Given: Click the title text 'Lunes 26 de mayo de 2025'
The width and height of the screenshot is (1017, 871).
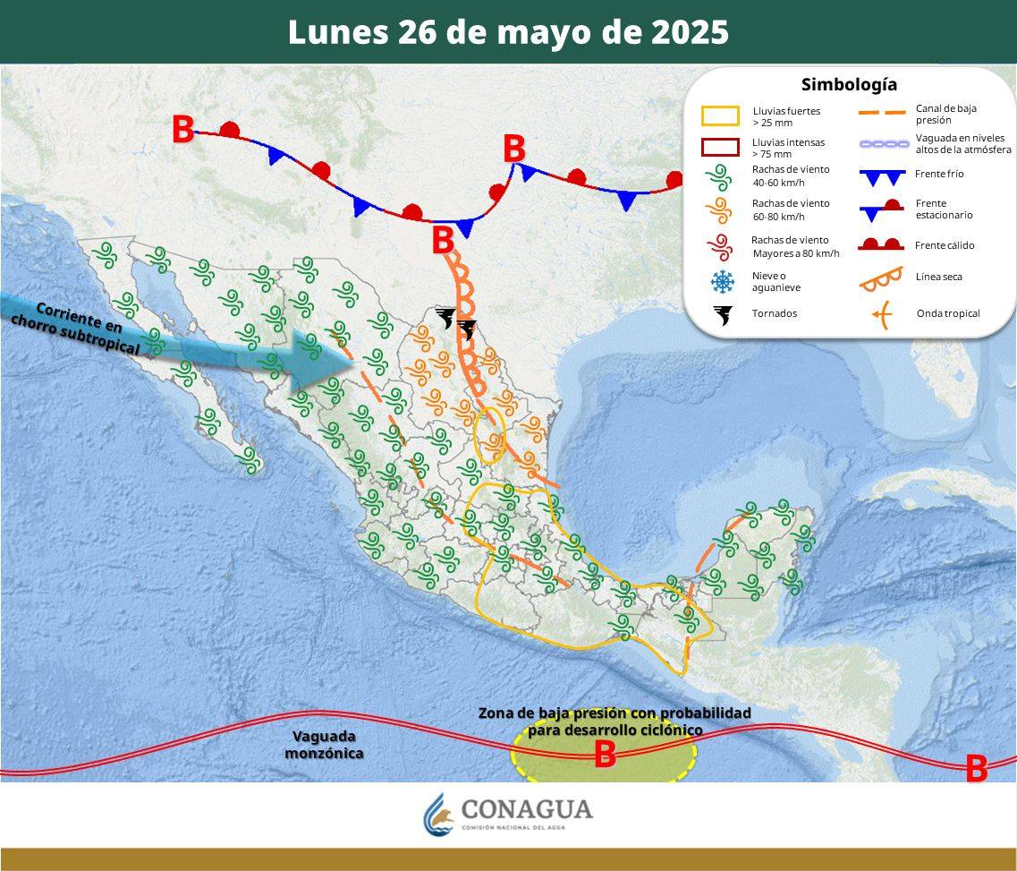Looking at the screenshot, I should pos(508,32).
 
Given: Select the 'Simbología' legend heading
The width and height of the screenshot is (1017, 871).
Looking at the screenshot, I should pos(849,85).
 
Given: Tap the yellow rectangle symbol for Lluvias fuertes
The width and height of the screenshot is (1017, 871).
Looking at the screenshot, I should pos(720,115).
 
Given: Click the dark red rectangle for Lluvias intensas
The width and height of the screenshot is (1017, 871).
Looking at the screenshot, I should pos(720,147).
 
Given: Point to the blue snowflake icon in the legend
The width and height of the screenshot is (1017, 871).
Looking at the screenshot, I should pos(721,282).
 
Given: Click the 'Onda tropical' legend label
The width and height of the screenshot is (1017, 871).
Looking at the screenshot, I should pos(948,313).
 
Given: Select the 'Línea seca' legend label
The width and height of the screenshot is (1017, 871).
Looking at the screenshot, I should pos(939,277).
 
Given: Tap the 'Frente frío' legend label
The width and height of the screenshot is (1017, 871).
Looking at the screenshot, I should pos(939,175).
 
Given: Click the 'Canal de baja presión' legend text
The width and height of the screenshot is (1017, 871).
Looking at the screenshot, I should pos(945,114).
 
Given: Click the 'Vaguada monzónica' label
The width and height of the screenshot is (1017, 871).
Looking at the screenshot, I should pos(324,745).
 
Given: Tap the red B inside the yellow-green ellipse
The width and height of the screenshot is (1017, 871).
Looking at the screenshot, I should pos(606,755).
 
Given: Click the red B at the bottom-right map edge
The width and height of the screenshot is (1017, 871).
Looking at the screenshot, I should pos(976,768).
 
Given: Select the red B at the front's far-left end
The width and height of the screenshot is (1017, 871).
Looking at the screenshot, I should pos(182,130).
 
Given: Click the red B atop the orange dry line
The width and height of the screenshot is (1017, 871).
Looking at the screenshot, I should pos(443,240).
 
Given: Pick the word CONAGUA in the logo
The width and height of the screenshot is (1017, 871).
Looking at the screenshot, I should pos(527,809).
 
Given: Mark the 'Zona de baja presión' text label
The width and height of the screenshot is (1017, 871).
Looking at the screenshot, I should pos(614,722).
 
